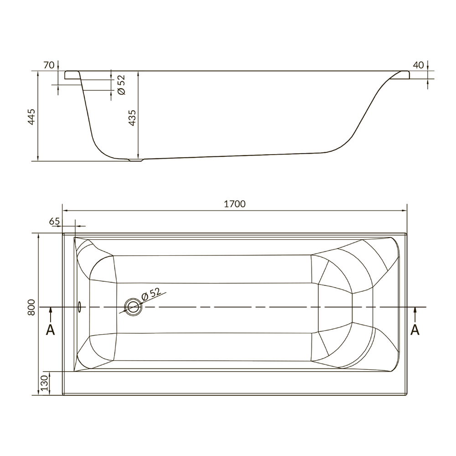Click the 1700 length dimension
pyautogui.click(x=235, y=204)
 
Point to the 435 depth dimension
pyautogui.click(x=132, y=118)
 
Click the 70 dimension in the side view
pyautogui.click(x=49, y=65)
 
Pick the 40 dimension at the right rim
pyautogui.click(x=418, y=65)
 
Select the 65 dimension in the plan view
pyautogui.click(x=54, y=221)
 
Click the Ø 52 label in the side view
pyautogui.click(x=122, y=85)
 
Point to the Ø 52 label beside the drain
pyautogui.click(x=151, y=294)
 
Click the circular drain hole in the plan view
pyautogui.click(x=133, y=307)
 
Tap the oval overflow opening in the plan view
pyautogui.click(x=79, y=307)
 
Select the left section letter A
pyautogui.click(x=50, y=330)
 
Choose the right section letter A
pyautogui.click(x=415, y=330)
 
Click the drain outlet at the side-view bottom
pyautogui.click(x=135, y=160)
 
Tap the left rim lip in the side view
pyautogui.click(x=73, y=75)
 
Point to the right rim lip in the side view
pyautogui.click(x=401, y=75)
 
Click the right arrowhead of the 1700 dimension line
pyautogui.click(x=404, y=211)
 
